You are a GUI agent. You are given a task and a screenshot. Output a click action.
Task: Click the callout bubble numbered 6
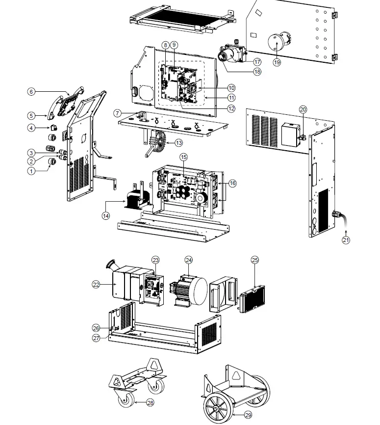pyautogui.click(x=31, y=91)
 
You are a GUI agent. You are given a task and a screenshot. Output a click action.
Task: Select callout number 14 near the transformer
pyautogui.click(x=105, y=215)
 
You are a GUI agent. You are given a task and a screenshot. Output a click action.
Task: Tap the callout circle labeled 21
pyautogui.click(x=347, y=240)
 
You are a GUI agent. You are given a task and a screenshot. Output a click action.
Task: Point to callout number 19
pyautogui.click(x=277, y=62)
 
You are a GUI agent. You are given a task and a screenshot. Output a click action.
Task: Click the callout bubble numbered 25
pyautogui.click(x=254, y=260)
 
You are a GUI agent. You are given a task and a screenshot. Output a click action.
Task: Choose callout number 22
pyautogui.click(x=96, y=284)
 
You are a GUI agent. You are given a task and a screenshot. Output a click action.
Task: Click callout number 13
pyautogui.click(x=178, y=142)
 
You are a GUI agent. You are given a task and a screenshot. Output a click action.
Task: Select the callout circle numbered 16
pyautogui.click(x=232, y=183)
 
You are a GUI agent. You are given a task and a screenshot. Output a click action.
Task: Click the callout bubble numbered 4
pyautogui.click(x=31, y=128)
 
